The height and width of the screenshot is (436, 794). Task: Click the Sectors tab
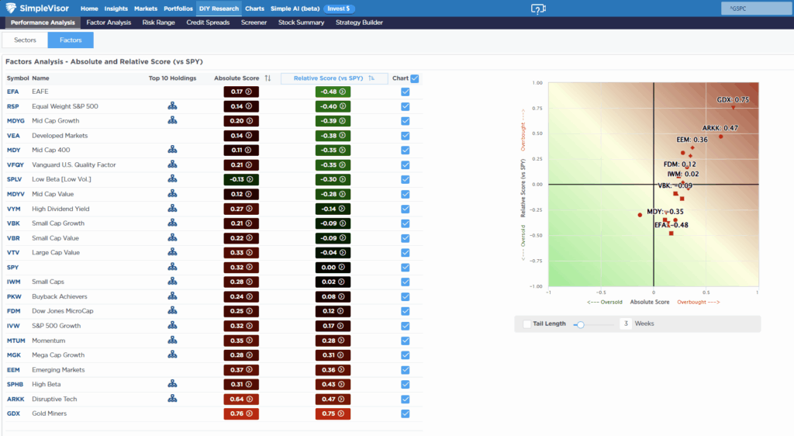click(26, 40)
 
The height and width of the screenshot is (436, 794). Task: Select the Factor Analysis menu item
click(109, 22)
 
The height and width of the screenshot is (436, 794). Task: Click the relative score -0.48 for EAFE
click(333, 92)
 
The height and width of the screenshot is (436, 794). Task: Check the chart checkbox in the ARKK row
click(406, 399)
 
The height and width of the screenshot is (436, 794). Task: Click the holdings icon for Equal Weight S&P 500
click(172, 106)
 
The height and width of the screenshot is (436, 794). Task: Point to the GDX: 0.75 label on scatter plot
click(732, 99)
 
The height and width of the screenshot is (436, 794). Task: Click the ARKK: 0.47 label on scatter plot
click(720, 128)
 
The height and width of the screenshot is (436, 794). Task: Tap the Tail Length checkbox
click(527, 324)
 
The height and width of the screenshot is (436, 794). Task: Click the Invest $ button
click(340, 9)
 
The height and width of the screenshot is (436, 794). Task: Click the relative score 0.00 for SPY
click(333, 267)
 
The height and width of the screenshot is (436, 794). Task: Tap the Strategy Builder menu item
click(359, 22)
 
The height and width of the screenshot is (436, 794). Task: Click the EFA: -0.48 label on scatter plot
click(671, 225)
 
